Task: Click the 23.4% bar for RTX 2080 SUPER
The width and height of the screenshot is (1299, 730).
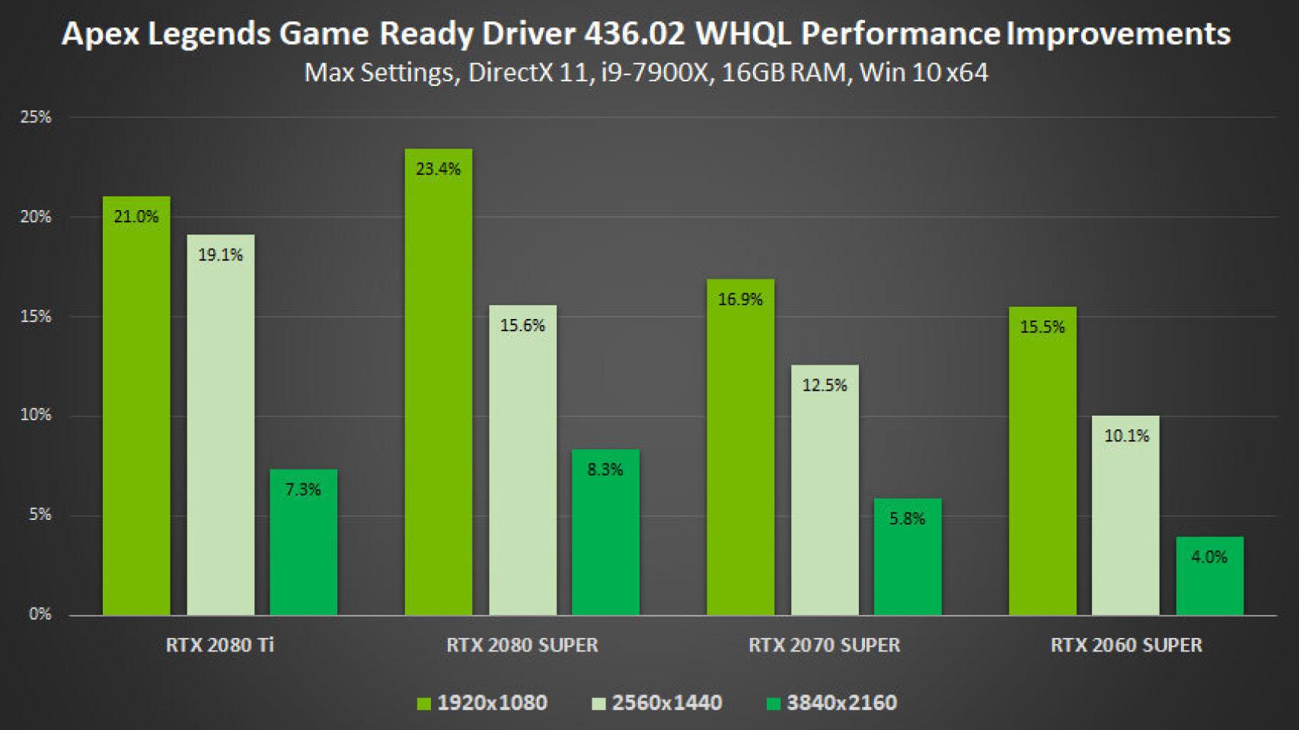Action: pos(438,381)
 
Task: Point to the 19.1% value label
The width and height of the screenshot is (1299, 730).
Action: pos(220,255)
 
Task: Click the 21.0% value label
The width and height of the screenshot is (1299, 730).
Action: pos(136,217)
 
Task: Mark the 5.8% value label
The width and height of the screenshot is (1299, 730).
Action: pos(907,519)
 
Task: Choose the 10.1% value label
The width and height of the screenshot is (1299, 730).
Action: pos(1126,436)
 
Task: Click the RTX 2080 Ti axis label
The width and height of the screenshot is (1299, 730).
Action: pos(219,646)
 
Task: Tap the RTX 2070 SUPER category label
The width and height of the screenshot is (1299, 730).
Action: pos(824,646)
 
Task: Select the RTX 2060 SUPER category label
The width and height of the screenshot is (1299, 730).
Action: pos(1126,646)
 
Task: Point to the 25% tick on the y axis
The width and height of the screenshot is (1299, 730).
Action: pos(36,117)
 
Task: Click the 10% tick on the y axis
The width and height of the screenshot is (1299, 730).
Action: pos(36,415)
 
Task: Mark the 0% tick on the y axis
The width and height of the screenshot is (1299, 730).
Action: pos(40,614)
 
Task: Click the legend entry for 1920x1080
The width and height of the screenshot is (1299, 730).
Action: pos(492,703)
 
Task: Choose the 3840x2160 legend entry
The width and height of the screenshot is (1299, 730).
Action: pos(841,703)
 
